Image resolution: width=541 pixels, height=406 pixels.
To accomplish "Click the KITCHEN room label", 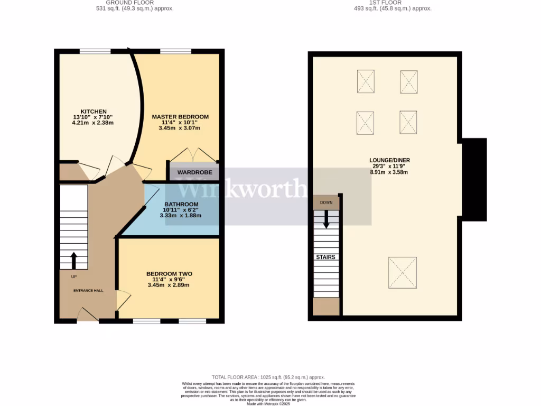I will [94, 112].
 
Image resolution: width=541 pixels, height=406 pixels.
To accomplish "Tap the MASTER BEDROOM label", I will [180, 117].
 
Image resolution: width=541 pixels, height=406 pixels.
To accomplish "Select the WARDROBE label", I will [194, 172].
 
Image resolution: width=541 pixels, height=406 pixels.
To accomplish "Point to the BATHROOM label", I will [181, 205].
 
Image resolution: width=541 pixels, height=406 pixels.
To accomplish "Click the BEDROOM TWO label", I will [169, 274].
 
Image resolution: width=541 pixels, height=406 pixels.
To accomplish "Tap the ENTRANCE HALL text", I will [88, 290].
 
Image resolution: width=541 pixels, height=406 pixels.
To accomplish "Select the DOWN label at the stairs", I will [326, 202].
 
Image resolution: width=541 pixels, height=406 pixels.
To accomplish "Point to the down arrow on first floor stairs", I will [326, 219].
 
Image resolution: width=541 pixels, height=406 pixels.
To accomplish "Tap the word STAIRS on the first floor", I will [326, 257].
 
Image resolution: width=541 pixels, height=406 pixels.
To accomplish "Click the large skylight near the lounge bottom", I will [403, 272].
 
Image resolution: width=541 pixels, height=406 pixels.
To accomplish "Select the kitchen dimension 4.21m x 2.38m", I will [94, 123].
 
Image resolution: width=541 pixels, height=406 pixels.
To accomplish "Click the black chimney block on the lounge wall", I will [474, 179].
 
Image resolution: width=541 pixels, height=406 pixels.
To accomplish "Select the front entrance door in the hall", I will [88, 315].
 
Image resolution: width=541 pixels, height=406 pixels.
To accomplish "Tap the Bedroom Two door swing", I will [123, 300].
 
